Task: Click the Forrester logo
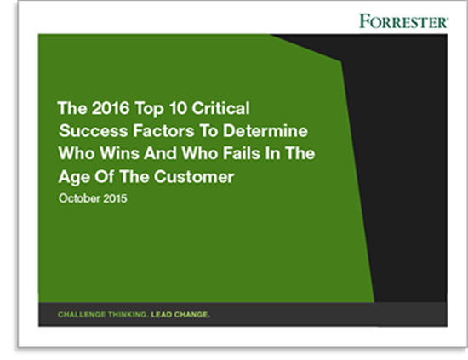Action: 403,21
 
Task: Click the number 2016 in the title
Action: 111,108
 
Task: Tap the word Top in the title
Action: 149,109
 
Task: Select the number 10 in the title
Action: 178,108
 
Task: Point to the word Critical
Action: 220,108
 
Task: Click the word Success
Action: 94,131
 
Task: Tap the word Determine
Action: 265,131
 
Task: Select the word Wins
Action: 120,153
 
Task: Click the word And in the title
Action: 160,153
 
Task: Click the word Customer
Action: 194,177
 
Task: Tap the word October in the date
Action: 79,198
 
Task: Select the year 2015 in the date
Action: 115,198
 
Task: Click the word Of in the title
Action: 105,177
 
